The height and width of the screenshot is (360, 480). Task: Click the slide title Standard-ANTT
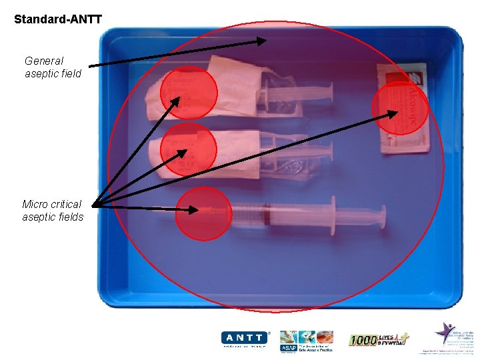pos(58,19)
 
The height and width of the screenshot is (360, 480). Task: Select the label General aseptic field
pos(53,67)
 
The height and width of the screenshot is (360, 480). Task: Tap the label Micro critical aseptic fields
pos(53,211)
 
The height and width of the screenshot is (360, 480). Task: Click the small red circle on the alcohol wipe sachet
pos(399,107)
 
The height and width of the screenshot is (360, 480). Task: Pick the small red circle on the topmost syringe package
pos(189,93)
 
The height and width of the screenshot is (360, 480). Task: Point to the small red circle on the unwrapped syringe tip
pos(203,213)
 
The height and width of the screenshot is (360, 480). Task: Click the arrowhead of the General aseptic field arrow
pos(261,41)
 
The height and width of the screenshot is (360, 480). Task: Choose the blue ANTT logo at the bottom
pos(245,338)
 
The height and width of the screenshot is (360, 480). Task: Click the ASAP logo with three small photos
pos(306,339)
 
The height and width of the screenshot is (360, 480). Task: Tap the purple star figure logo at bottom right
pos(445,331)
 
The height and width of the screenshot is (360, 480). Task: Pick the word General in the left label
pos(44,61)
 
